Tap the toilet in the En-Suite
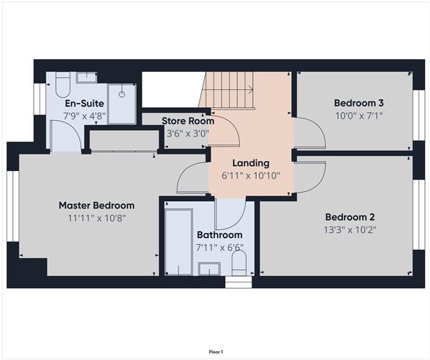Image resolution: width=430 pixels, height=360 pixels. [x=62, y=86]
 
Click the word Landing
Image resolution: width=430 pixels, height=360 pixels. [x=250, y=163]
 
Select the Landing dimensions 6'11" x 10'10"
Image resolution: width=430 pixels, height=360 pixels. [x=250, y=175]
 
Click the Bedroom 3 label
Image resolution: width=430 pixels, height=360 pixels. [x=357, y=102]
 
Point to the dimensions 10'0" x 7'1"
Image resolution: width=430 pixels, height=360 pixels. [x=357, y=115]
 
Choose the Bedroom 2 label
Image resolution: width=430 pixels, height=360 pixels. [x=349, y=217]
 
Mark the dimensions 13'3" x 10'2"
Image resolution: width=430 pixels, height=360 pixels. [x=349, y=230]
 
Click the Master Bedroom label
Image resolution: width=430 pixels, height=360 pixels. [x=96, y=206]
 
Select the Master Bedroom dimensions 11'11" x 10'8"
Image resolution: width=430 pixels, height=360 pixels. [x=96, y=218]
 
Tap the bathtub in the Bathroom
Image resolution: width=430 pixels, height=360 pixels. [x=178, y=241]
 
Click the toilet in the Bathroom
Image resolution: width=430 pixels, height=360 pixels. [x=239, y=264]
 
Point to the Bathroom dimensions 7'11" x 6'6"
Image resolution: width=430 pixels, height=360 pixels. [x=219, y=247]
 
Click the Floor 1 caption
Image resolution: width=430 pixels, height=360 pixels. [x=216, y=351]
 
